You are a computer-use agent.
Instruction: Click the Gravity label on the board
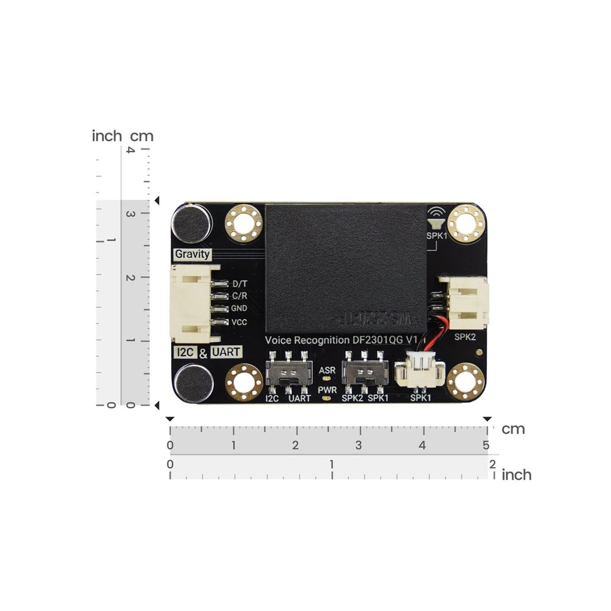coord(192,254)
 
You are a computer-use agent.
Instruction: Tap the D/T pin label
coord(240,284)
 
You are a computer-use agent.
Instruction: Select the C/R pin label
coord(240,296)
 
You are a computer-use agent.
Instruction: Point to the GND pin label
coord(240,309)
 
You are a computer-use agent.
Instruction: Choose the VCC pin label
coord(240,322)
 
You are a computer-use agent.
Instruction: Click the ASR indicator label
coord(327,371)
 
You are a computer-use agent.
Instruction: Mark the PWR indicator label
coord(327,388)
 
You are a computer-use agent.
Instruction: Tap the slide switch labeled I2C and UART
coord(288,373)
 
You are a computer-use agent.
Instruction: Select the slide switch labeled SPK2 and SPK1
coord(364,373)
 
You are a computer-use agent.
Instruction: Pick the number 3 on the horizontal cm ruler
coord(359,445)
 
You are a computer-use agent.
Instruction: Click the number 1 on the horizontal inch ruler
coord(332,465)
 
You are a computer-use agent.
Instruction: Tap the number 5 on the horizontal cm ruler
coord(485,445)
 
